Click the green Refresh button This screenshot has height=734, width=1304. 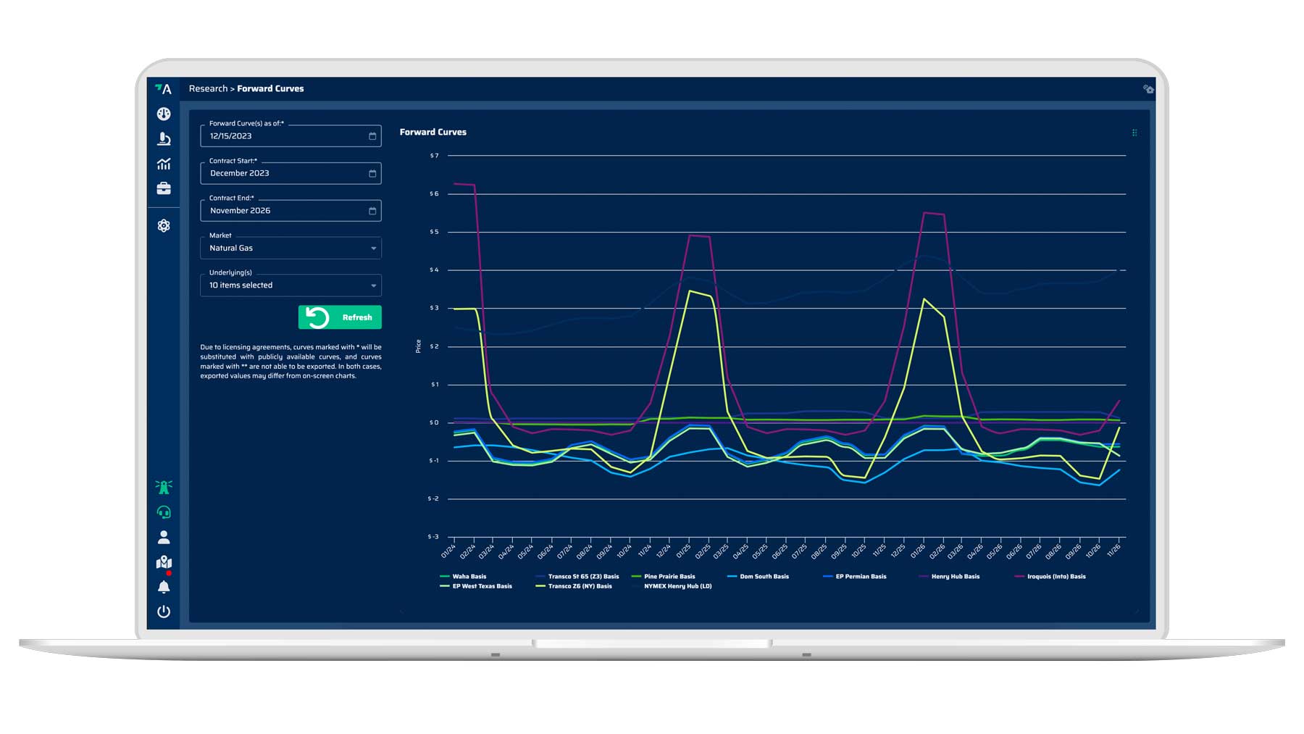coord(340,317)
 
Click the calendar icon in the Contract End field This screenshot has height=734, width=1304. coord(372,211)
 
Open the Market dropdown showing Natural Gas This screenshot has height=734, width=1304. coord(291,248)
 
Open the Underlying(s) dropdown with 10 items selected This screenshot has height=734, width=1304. coord(291,285)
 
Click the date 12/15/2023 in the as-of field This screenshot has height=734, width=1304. coord(231,136)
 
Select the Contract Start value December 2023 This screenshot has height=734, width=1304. coord(240,173)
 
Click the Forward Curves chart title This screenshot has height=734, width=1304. coord(432,132)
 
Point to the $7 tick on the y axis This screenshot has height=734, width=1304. coord(434,156)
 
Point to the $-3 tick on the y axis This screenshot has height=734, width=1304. coord(433,537)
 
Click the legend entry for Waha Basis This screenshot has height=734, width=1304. coord(469,577)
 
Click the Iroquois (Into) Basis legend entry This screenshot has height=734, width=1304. coord(1056,577)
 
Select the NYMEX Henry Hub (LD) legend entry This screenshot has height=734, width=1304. coord(677,586)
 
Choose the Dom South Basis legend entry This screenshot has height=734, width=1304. coord(764,577)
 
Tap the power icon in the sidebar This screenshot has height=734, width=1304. coord(164,612)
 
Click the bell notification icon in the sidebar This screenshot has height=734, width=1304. coord(164,587)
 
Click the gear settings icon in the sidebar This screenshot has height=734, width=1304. coord(164,226)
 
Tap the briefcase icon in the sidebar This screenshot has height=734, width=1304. coord(164,188)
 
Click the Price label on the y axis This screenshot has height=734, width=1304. coord(418,346)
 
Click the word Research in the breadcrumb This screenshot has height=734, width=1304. coord(208,88)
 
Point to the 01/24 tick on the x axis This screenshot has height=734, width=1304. coord(448,551)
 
